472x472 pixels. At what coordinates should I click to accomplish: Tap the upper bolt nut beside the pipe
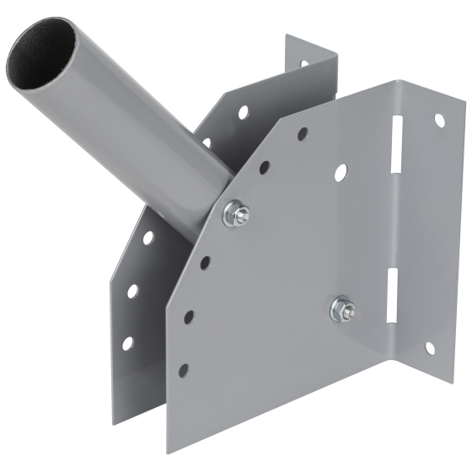(234, 213)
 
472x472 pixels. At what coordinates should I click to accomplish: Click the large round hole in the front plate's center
(340, 172)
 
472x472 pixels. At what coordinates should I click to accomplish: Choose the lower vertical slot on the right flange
(392, 294)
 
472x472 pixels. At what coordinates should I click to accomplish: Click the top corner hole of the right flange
(439, 120)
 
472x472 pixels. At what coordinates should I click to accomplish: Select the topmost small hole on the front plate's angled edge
(303, 133)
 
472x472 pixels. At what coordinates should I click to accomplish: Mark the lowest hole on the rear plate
(127, 343)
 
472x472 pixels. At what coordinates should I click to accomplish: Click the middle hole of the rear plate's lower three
(133, 291)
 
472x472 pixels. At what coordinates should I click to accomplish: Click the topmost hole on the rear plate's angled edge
(243, 111)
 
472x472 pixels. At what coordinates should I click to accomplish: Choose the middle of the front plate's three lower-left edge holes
(189, 317)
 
